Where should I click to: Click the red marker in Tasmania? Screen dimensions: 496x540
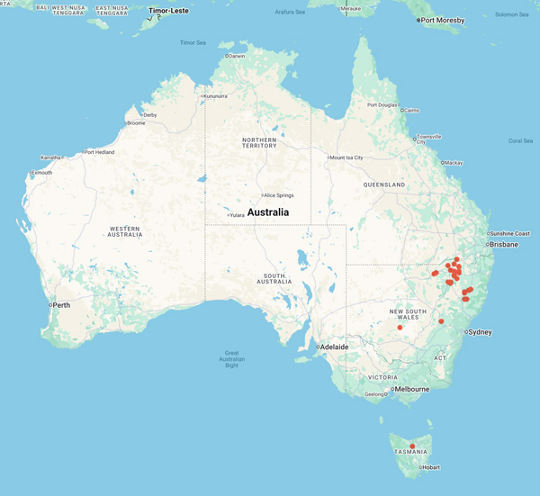click(x=412, y=446)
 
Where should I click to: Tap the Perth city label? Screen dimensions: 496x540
click(x=61, y=305)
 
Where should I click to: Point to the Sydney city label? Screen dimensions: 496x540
click(x=479, y=332)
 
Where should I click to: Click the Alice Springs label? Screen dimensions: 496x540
click(x=280, y=194)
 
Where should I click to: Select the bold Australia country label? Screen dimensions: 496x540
click(x=268, y=212)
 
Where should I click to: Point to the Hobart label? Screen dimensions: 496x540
click(x=430, y=467)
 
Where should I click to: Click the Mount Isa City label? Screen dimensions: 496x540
click(x=346, y=158)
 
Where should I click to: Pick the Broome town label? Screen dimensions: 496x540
click(x=136, y=122)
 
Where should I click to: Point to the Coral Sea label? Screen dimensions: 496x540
click(x=520, y=140)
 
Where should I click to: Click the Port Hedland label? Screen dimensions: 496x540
click(x=102, y=152)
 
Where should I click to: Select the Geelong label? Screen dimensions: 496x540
click(x=374, y=394)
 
